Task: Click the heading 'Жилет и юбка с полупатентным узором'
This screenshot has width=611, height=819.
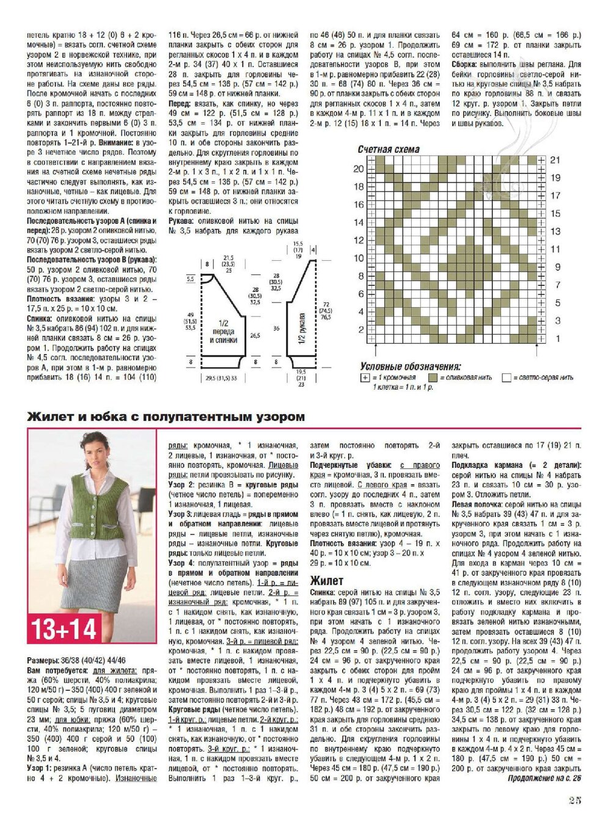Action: (166, 417)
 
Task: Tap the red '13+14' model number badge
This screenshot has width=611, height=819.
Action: (64, 628)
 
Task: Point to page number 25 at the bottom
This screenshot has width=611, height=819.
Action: (574, 800)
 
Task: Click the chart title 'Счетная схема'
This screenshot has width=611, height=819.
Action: (389, 150)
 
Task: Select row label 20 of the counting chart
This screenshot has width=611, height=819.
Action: (359, 169)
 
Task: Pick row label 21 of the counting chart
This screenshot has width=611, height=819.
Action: (555, 160)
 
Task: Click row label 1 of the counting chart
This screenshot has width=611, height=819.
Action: (557, 338)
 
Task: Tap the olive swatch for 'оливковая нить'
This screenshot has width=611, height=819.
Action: (433, 378)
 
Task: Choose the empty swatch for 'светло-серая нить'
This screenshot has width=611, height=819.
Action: (506, 378)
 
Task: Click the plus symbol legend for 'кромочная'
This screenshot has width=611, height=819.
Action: (365, 378)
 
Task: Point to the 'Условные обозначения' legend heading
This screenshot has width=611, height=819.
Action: (410, 366)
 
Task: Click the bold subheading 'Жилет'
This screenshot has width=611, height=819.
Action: (327, 581)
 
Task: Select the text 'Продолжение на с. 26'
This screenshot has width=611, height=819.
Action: (544, 779)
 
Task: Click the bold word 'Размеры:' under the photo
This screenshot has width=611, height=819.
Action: (45, 661)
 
